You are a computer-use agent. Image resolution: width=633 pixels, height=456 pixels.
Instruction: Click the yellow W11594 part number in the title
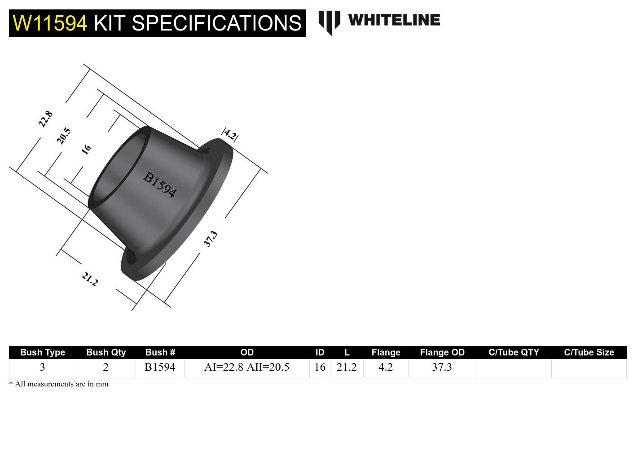click(x=50, y=23)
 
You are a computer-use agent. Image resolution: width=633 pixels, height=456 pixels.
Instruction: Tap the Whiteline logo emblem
click(x=329, y=22)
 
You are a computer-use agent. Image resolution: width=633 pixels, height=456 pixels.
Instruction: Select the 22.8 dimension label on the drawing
click(x=45, y=119)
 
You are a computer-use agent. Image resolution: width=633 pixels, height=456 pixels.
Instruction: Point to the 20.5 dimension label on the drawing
click(x=64, y=136)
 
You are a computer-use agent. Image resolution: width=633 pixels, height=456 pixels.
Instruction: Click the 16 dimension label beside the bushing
click(x=86, y=149)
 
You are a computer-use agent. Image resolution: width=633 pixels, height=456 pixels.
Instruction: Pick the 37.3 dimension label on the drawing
click(x=210, y=238)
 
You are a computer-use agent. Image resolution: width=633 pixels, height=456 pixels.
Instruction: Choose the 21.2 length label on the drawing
click(x=90, y=279)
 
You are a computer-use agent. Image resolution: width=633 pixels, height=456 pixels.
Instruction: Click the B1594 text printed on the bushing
click(x=160, y=184)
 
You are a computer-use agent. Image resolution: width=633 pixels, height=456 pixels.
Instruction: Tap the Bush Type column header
click(x=43, y=352)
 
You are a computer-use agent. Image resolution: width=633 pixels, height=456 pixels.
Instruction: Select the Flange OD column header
click(x=442, y=352)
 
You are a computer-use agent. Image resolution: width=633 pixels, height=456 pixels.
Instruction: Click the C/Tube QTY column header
click(x=514, y=352)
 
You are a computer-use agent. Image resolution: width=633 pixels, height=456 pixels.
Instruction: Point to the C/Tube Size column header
click(x=589, y=352)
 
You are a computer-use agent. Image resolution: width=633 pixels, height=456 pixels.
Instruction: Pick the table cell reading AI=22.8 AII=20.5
click(x=246, y=367)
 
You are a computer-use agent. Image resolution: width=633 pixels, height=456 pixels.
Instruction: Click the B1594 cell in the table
click(x=160, y=367)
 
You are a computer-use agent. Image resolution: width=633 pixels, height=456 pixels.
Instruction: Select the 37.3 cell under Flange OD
click(x=442, y=367)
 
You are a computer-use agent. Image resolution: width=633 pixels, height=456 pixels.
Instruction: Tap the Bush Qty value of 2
click(x=106, y=367)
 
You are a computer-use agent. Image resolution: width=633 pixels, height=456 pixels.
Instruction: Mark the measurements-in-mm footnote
click(x=59, y=384)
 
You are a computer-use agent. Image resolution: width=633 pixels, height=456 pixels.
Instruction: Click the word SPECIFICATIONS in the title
click(x=198, y=23)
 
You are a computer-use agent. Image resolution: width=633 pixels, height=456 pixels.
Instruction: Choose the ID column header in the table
click(x=320, y=352)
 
